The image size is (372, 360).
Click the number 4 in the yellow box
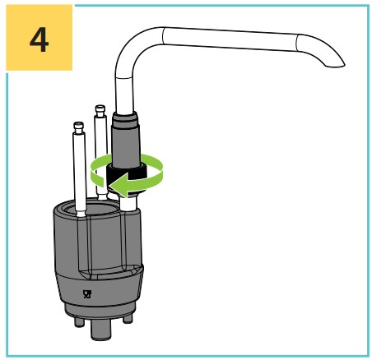click(x=40, y=39)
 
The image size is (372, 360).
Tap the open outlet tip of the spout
click(x=335, y=65)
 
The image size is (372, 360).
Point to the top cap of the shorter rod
click(x=78, y=127)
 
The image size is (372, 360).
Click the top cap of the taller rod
click(x=100, y=111)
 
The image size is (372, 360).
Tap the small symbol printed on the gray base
click(x=86, y=294)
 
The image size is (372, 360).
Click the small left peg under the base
click(x=79, y=321)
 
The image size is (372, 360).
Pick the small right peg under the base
click(x=128, y=318)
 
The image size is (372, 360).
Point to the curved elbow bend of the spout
click(x=131, y=48)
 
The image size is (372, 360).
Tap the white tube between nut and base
click(x=128, y=203)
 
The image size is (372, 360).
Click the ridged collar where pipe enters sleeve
click(x=125, y=118)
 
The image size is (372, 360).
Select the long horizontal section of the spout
click(x=230, y=39)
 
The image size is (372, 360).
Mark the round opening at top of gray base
click(x=93, y=207)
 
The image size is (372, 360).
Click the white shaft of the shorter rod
click(x=79, y=173)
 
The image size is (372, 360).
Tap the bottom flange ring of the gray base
click(x=100, y=310)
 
